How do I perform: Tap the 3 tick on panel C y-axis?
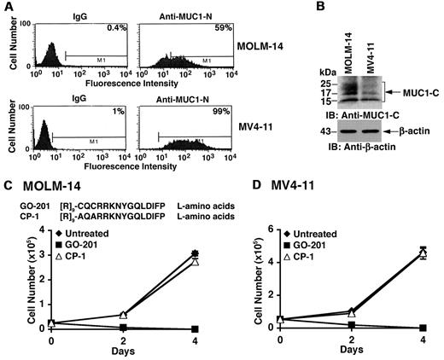tap(39, 254)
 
